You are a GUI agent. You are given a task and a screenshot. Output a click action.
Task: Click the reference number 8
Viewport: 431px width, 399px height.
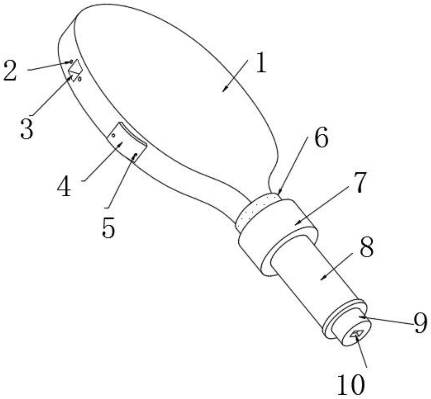(x=366, y=247)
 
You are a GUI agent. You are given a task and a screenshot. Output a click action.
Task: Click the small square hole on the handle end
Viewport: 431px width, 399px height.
(x=356, y=334)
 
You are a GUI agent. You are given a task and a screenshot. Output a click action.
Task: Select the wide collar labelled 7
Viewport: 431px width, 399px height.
(x=278, y=236)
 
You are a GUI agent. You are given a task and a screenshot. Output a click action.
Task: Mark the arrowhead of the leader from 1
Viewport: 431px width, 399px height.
(x=224, y=90)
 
